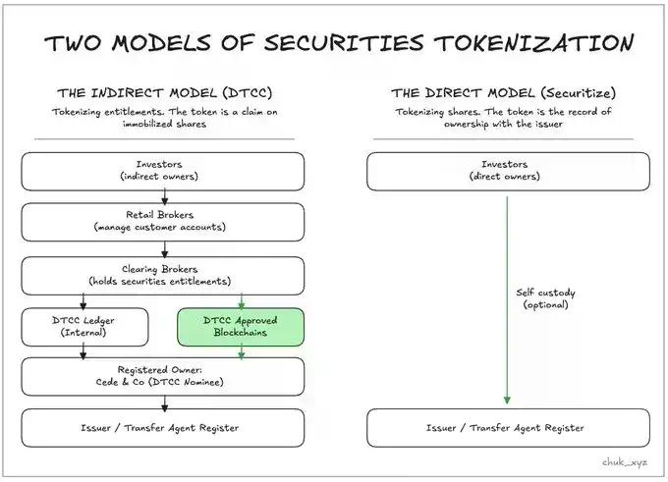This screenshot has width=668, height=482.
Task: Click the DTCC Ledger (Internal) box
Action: point(85,327)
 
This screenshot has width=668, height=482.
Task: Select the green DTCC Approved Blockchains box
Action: point(242,327)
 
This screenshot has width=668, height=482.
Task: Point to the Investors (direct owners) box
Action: point(508,171)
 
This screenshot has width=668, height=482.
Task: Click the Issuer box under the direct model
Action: point(508,427)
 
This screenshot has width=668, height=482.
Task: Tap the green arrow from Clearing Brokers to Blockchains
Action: point(242,300)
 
